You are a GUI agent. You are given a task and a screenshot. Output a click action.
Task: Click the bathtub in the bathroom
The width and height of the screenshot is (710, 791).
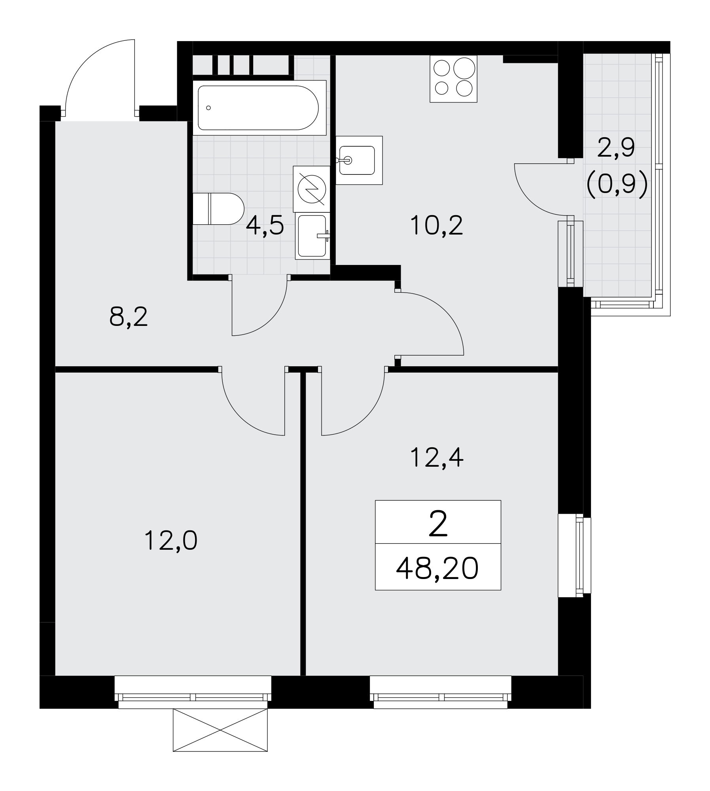[259, 108]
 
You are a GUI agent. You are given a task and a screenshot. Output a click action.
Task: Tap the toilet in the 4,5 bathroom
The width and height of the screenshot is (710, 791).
[218, 209]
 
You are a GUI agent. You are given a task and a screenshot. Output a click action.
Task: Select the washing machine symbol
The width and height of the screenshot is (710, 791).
[312, 189]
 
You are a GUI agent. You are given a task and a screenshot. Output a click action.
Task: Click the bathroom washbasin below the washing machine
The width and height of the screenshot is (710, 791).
[312, 236]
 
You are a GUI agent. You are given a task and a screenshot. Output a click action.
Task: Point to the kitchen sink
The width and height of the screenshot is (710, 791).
[359, 160]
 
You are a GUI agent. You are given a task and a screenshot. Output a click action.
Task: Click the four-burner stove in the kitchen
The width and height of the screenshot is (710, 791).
[453, 79]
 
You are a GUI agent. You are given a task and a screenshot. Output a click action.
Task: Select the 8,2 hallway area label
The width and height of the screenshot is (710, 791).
[129, 317]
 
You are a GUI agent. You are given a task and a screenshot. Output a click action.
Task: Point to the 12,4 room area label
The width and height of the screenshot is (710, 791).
[437, 458]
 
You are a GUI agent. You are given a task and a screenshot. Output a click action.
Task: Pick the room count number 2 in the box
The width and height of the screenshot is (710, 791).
[438, 524]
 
